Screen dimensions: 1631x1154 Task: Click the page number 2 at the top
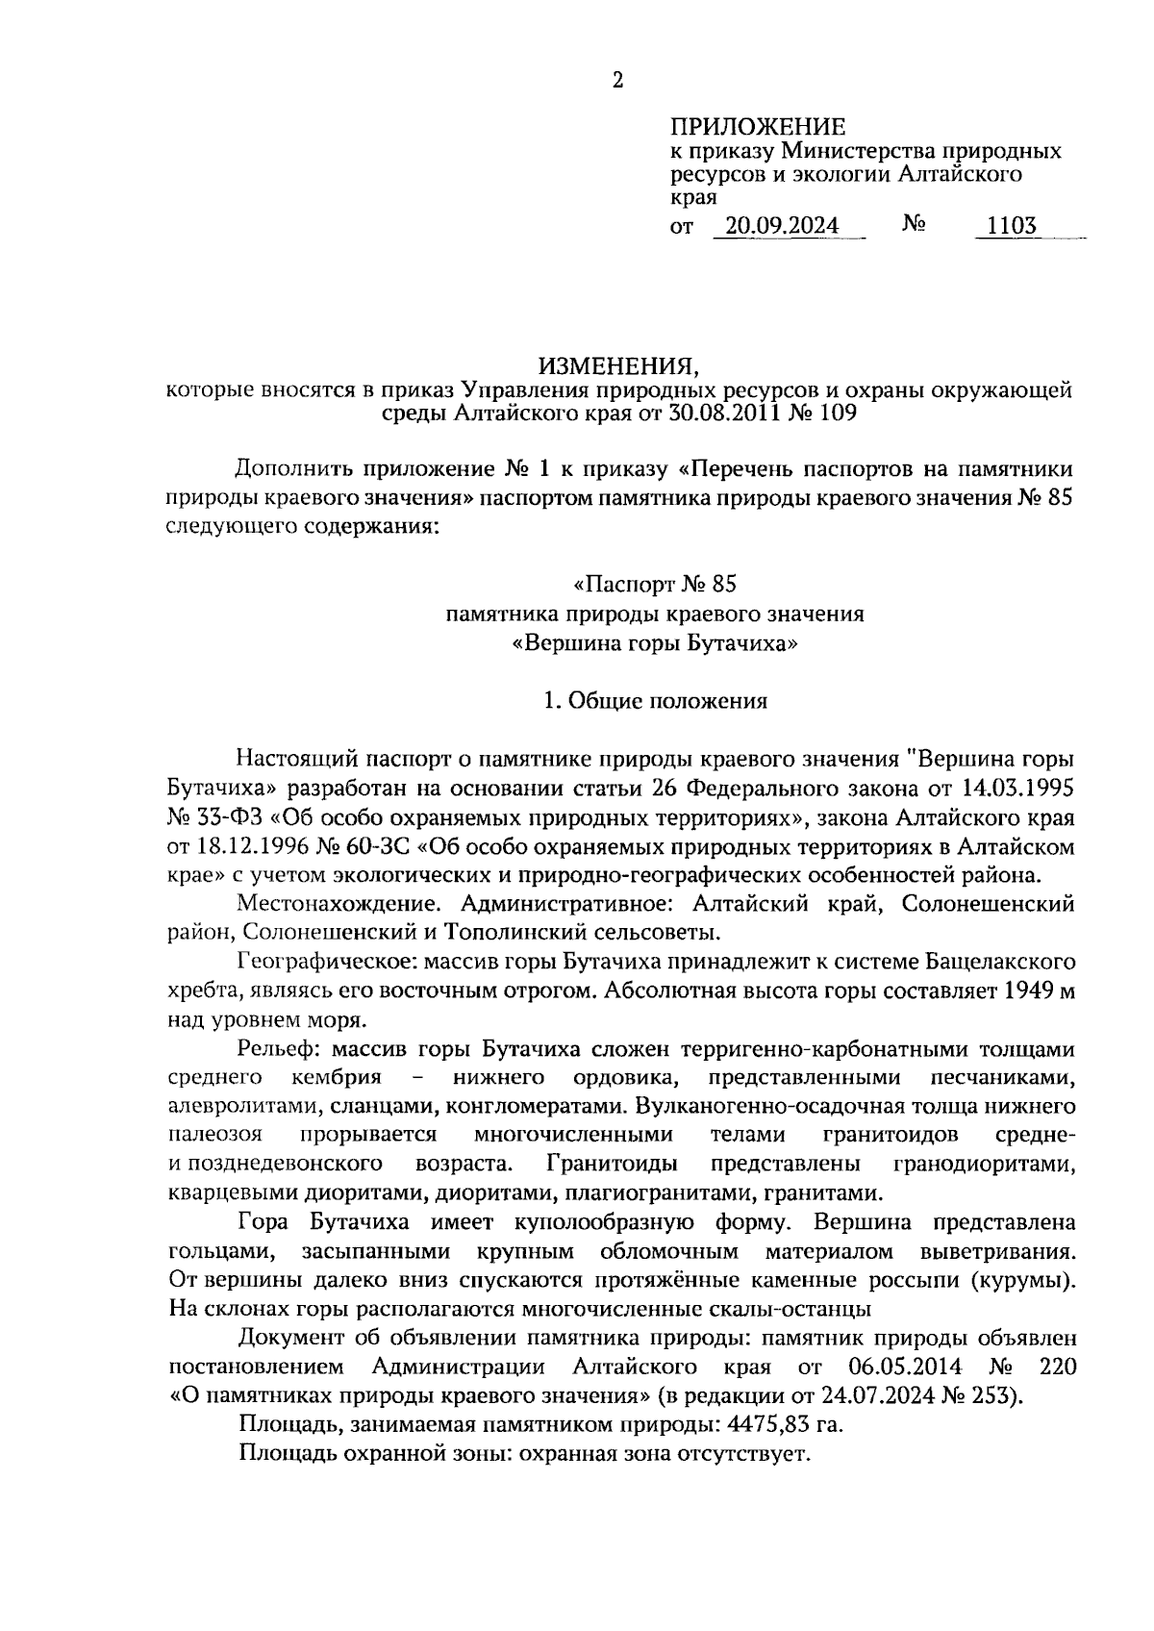pyautogui.click(x=617, y=81)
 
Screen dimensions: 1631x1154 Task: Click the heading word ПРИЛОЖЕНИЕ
pyautogui.click(x=757, y=126)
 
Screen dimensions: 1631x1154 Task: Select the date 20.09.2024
pyautogui.click(x=782, y=226)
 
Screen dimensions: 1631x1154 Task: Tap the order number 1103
pyautogui.click(x=1006, y=226)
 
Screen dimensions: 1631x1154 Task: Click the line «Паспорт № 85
pyautogui.click(x=654, y=584)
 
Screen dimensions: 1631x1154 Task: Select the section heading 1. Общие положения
pyautogui.click(x=655, y=700)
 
